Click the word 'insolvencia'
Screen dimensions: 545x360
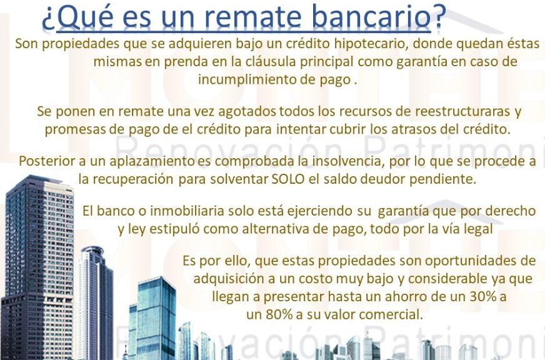pyautogui.click(x=348, y=161)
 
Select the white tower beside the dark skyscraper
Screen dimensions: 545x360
pyautogui.click(x=92, y=302)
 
